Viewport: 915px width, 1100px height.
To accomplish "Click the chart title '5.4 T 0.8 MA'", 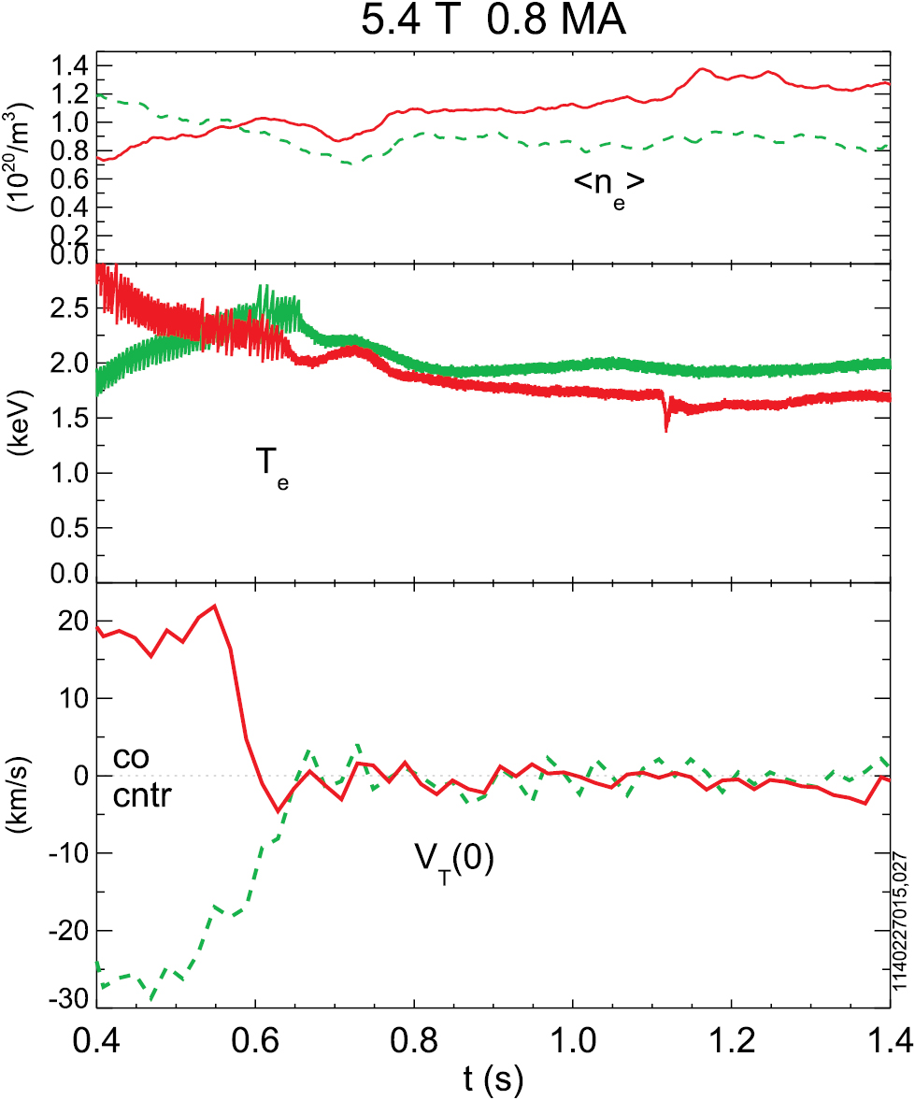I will (494, 21).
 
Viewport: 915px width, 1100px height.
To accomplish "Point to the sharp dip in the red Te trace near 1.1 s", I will (665, 427).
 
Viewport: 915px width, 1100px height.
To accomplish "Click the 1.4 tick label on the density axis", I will (72, 66).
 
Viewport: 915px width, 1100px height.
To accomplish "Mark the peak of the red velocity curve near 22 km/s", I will (215, 606).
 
